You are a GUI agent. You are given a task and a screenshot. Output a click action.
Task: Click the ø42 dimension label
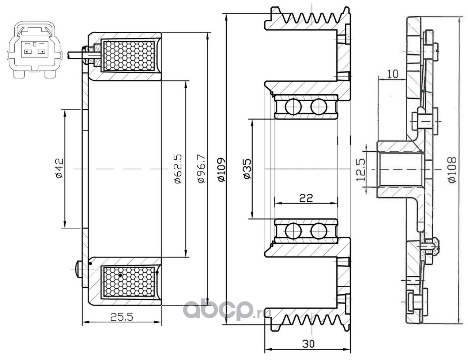(58, 168)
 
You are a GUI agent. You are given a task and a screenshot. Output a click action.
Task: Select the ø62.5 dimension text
(178, 168)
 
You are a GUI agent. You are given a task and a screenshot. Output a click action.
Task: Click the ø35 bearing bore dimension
(247, 169)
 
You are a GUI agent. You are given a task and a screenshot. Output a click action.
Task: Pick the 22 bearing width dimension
(306, 198)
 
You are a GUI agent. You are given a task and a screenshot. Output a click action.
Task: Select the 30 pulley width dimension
(308, 344)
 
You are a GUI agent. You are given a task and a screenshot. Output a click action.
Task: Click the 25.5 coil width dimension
(122, 317)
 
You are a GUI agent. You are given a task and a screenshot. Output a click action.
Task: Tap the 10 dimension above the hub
(393, 74)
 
